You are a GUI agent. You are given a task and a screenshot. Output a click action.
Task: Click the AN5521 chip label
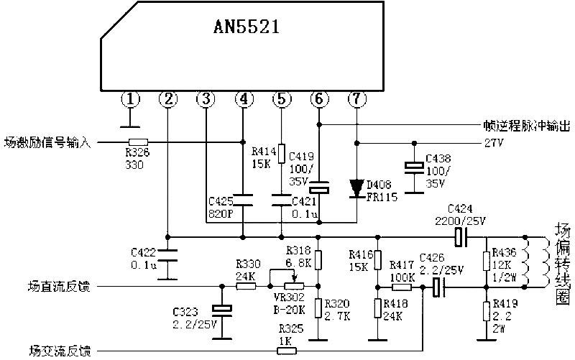tap(247, 27)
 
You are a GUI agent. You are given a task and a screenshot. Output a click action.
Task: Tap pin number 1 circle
tap(131, 99)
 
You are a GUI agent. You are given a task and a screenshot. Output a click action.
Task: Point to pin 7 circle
tap(356, 99)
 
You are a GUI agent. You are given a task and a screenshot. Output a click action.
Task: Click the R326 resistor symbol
tap(138, 142)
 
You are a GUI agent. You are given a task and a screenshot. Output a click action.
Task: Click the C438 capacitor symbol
tap(415, 167)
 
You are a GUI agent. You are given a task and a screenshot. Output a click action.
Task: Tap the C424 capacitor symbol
tap(460, 237)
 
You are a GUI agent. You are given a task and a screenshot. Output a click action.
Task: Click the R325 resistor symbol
tap(286, 351)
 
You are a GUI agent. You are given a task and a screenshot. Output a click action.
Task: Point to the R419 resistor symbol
tap(487, 312)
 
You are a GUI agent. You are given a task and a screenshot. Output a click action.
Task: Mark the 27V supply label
tap(494, 142)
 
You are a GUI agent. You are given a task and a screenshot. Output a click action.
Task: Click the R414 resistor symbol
tap(281, 153)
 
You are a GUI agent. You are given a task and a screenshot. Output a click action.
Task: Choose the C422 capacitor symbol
tap(167, 256)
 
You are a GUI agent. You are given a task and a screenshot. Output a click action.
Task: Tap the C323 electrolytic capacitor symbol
tap(222, 310)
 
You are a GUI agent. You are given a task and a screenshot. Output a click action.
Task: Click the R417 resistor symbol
tap(401, 287)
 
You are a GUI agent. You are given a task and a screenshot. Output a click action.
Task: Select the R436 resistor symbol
tap(487, 261)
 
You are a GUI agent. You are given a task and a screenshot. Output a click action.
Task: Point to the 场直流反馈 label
tap(59, 286)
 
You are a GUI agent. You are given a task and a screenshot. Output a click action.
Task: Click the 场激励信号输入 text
tap(47, 142)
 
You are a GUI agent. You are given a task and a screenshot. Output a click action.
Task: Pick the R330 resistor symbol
tap(246, 286)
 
